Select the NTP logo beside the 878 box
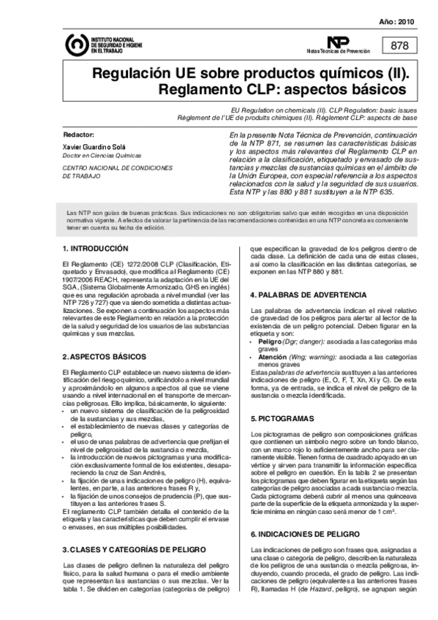click(338, 42)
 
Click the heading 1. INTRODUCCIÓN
click(95, 249)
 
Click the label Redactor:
click(79, 135)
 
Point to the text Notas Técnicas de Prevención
click(339, 53)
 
